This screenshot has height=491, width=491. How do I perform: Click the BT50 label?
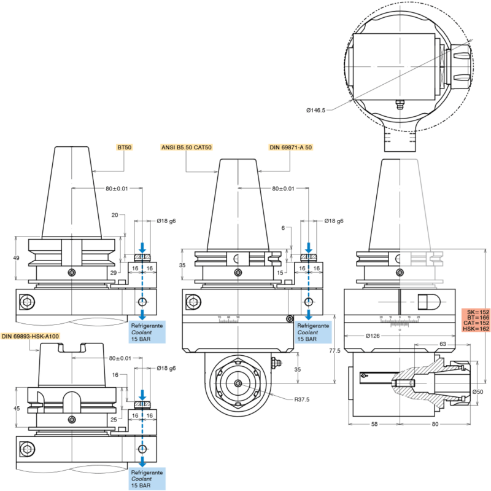tap(125, 148)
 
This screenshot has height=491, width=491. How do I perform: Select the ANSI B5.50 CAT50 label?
tap(186, 148)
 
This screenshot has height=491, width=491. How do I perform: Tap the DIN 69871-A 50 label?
tap(291, 148)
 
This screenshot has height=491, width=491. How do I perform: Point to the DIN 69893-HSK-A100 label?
tap(30, 336)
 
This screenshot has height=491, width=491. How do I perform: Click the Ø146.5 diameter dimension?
tap(315, 110)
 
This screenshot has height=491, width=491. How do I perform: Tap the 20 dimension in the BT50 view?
tap(114, 216)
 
